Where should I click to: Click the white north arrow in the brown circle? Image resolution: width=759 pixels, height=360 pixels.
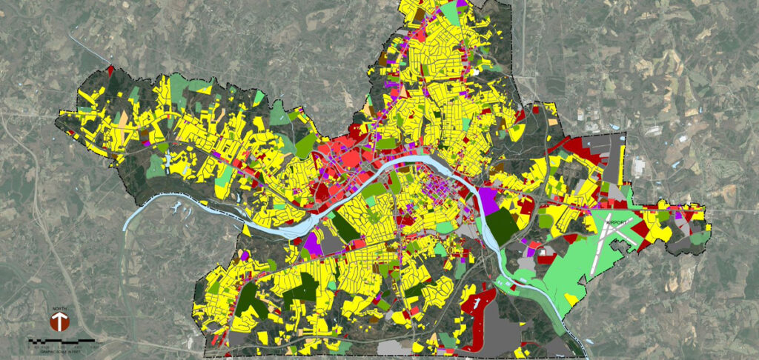tap(60, 321)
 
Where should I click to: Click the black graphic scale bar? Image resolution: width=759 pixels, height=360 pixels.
tap(62, 339)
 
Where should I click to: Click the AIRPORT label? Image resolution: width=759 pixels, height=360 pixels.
tap(616, 221)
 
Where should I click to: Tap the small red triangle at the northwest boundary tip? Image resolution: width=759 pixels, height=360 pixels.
tap(110, 70)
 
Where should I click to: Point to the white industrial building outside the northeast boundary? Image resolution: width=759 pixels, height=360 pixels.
tap(637, 167)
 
